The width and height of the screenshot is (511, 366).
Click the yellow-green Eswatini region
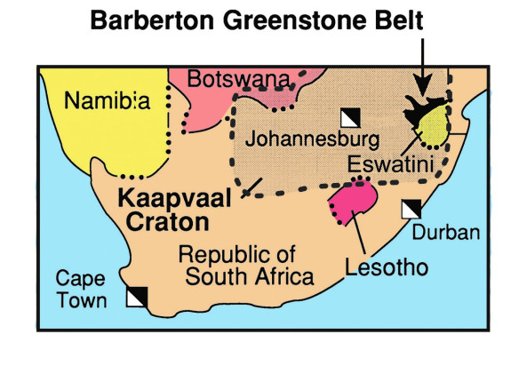coord(435,131)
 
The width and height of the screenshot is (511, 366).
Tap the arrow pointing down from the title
coord(423,62)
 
